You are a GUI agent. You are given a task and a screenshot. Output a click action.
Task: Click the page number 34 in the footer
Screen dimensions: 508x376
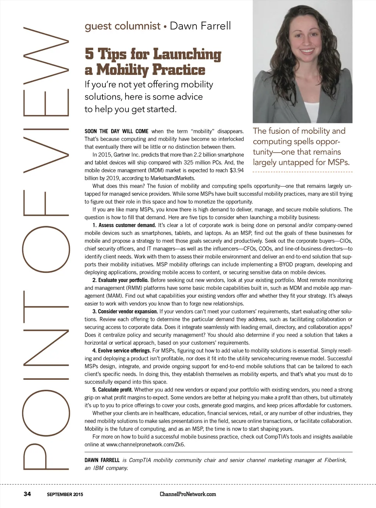(27, 494)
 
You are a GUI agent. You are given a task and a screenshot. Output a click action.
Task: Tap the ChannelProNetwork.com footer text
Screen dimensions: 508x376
(188, 494)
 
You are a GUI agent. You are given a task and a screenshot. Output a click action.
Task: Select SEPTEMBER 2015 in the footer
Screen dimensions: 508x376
(65, 494)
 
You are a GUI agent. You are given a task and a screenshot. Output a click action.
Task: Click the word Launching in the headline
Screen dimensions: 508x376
(187, 54)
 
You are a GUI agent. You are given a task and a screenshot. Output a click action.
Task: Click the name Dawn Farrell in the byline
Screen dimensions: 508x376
(200, 26)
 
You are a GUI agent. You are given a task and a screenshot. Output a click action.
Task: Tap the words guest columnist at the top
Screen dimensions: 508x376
(123, 26)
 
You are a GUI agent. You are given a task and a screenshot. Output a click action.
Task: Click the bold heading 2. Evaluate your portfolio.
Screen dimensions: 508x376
(120, 280)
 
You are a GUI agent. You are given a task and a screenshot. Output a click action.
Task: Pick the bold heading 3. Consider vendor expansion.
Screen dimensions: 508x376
(125, 311)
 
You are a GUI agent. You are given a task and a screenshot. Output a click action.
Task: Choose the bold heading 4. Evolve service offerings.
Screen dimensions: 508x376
(122, 351)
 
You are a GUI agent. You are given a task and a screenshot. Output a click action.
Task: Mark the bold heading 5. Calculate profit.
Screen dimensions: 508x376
(112, 390)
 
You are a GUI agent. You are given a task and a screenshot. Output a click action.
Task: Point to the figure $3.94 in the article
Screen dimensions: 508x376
(236, 170)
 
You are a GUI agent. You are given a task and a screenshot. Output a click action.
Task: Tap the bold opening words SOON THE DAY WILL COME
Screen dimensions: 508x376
(116, 131)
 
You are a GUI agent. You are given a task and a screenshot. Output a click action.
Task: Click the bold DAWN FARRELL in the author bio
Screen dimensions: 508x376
(102, 460)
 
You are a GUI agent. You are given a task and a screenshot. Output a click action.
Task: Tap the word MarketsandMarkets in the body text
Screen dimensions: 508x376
(173, 178)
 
